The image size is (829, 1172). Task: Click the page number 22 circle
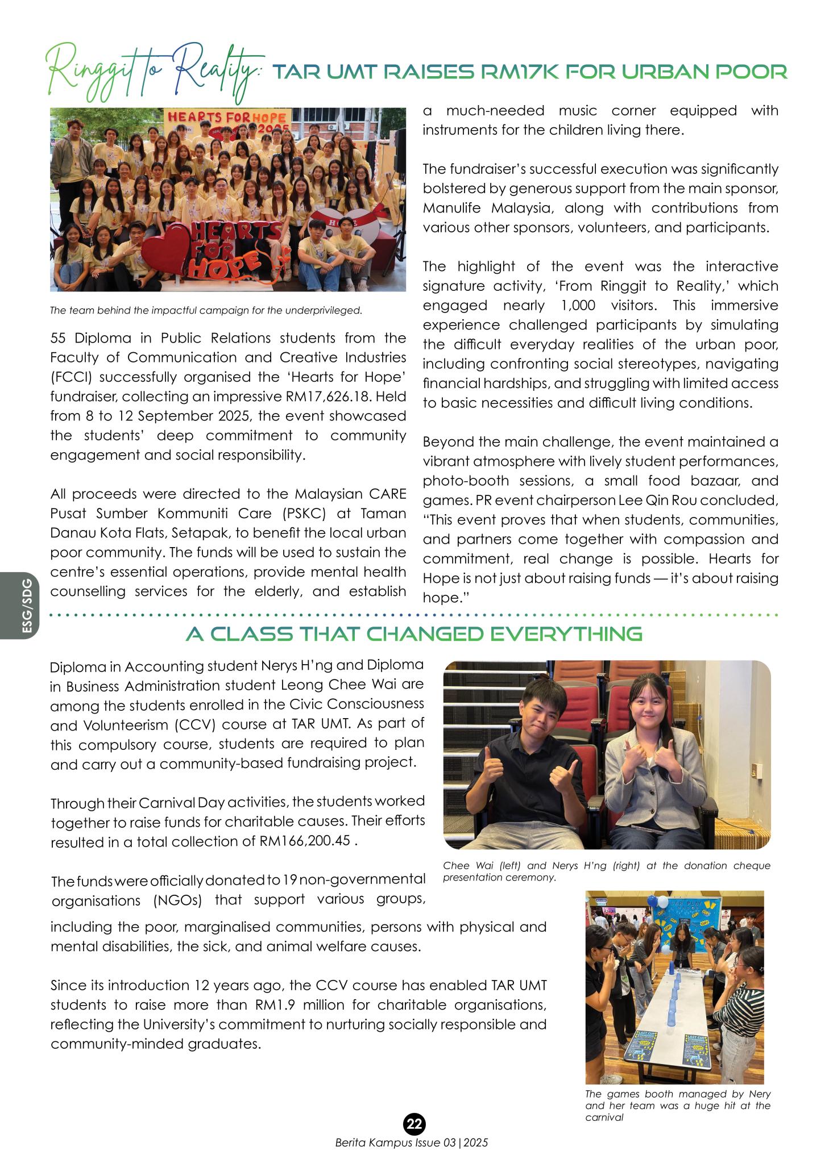coord(414,1124)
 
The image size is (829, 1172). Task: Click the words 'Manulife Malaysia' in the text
coord(487,208)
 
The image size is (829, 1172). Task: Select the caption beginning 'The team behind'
coord(206,311)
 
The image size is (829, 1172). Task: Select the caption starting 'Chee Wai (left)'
coord(606,871)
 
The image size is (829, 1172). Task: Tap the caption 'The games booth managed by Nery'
coord(678,1105)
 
